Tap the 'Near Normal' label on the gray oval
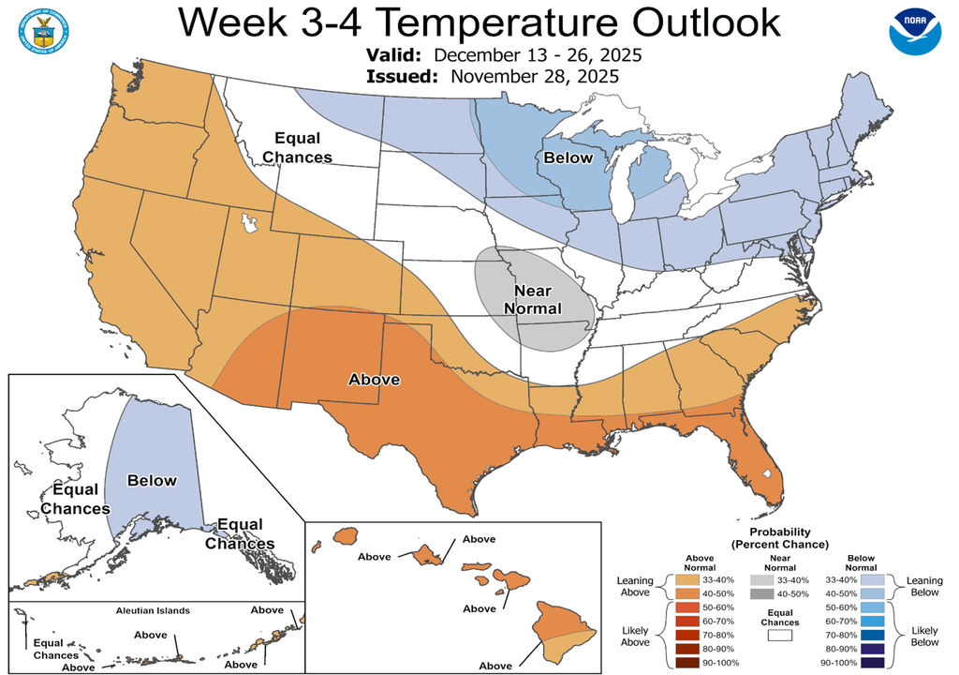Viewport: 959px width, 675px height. tap(533, 300)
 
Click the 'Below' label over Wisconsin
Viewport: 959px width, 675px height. tap(568, 157)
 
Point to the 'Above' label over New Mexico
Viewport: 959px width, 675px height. tap(375, 380)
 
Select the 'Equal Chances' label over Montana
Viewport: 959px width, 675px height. tap(298, 148)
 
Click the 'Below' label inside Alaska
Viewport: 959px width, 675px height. tap(151, 481)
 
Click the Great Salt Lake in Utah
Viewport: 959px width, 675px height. tap(249, 224)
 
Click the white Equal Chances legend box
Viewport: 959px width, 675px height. tap(779, 635)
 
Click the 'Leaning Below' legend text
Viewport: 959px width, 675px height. tap(924, 587)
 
